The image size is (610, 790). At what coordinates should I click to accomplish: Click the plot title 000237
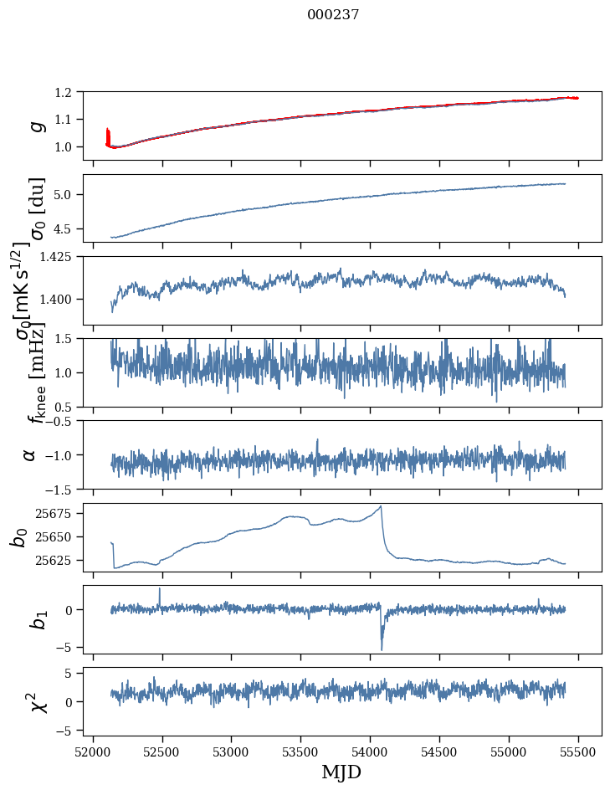pyautogui.click(x=333, y=14)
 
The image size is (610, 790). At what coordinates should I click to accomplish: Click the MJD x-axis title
pyautogui.click(x=341, y=772)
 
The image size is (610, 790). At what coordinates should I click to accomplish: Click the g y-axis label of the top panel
pyautogui.click(x=35, y=126)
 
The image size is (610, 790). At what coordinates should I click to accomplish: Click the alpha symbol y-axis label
pyautogui.click(x=30, y=454)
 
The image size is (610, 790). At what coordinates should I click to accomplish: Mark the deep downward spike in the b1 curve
pyautogui.click(x=382, y=649)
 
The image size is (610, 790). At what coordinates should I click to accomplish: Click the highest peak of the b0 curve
pyautogui.click(x=381, y=506)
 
